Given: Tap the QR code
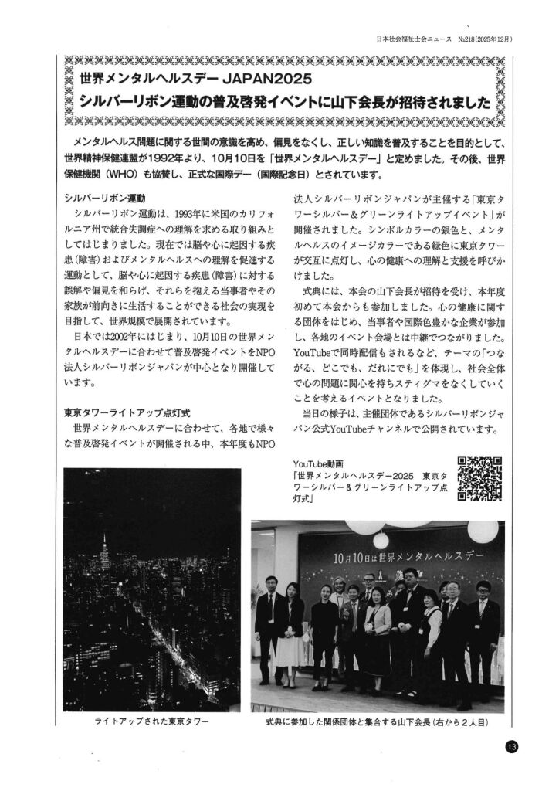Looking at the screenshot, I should tap(480, 479).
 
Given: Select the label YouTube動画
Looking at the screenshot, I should tap(317, 462).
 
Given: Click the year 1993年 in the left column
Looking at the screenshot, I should tap(194, 212).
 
